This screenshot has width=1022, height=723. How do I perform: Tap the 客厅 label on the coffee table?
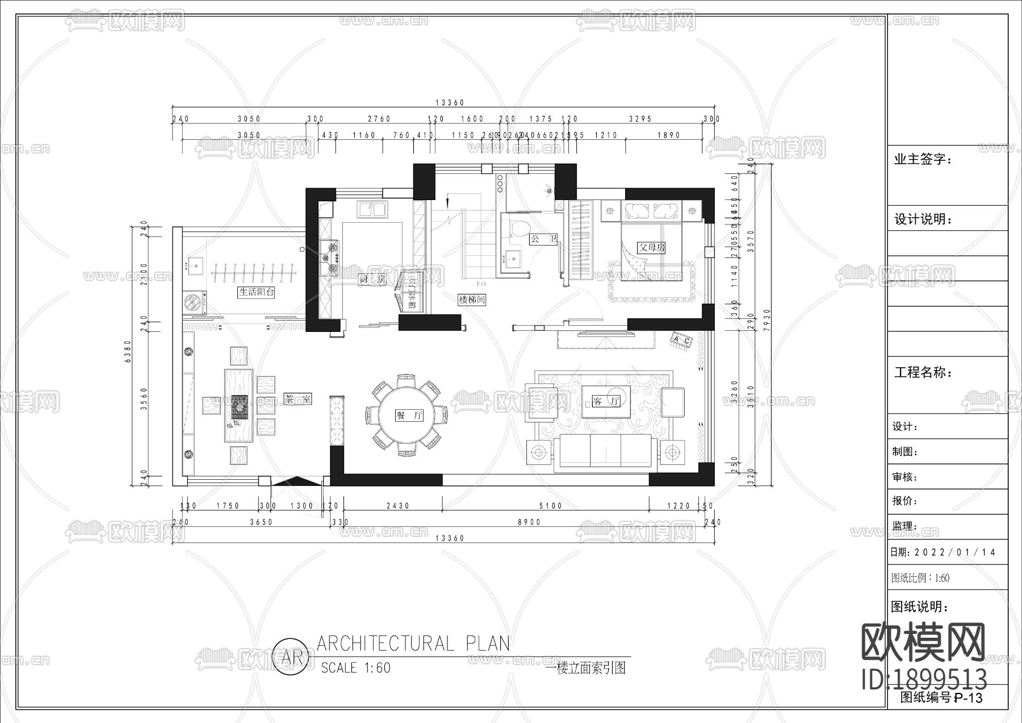(605, 401)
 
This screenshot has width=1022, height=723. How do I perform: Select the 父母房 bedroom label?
(651, 248)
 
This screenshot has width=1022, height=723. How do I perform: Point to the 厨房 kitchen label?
(372, 279)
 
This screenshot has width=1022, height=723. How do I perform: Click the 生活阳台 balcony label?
(257, 292)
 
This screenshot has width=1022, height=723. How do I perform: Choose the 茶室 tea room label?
(298, 399)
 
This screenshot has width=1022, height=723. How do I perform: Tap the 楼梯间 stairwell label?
(472, 300)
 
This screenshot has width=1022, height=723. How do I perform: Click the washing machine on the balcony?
(195, 302)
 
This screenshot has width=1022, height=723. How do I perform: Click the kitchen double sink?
(372, 209)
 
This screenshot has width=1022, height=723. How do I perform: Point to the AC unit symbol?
(682, 340)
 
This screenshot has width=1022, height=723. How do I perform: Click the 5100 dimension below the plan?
(550, 505)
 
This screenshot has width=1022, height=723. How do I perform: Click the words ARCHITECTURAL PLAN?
(413, 643)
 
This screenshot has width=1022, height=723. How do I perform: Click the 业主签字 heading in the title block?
(923, 159)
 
